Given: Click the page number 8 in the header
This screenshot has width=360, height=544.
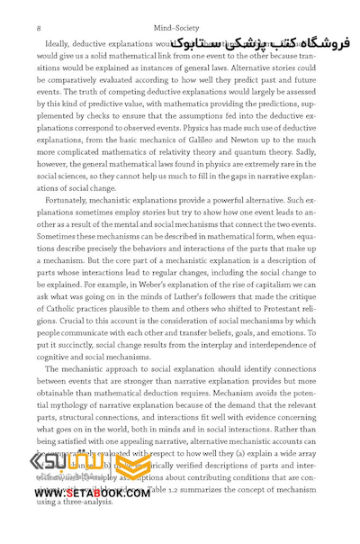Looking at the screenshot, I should pos(38,29).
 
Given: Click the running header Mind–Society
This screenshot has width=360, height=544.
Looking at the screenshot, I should pos(180,29).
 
